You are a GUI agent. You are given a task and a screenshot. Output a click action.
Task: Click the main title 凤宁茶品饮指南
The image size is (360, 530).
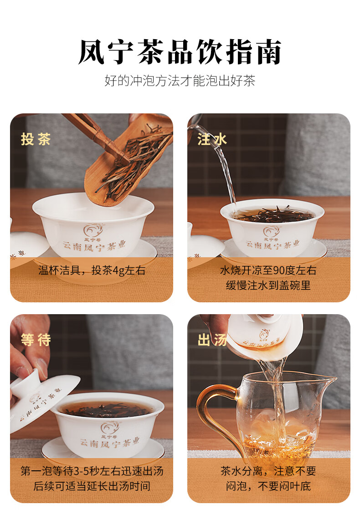point(180,52)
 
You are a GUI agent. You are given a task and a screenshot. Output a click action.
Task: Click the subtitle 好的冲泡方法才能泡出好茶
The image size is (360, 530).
point(180,81)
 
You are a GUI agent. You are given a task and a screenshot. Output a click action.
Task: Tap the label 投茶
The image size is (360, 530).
point(36,139)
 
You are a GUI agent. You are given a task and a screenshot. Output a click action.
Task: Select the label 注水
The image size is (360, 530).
point(212,139)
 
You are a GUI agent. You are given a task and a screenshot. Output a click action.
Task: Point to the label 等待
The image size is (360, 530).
point(36,340)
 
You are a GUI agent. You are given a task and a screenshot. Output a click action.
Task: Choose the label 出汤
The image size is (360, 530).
point(212,340)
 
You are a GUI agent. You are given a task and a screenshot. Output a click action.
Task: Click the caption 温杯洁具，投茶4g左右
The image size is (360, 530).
point(92,270)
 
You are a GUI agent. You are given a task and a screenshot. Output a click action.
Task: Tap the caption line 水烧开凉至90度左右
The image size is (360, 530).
point(268,270)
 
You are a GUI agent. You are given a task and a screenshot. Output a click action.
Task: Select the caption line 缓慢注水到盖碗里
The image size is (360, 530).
point(268,285)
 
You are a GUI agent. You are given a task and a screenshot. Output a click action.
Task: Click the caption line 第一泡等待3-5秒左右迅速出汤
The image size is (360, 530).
point(92,471)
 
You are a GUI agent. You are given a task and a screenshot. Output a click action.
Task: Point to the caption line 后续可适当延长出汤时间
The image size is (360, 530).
point(92,486)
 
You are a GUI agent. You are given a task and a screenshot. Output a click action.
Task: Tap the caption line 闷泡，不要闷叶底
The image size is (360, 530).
point(268,486)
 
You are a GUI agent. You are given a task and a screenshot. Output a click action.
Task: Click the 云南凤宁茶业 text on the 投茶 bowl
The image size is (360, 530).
point(94,246)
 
